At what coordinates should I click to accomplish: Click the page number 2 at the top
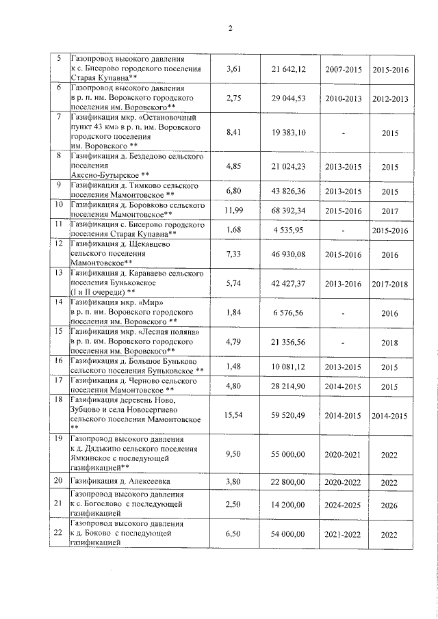231,28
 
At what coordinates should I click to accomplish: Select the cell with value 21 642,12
288,70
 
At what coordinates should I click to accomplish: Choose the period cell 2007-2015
344,70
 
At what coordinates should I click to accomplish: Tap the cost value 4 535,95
288,230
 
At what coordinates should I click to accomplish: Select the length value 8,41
235,132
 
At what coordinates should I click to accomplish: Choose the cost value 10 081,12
288,367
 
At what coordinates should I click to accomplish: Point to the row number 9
59,185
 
